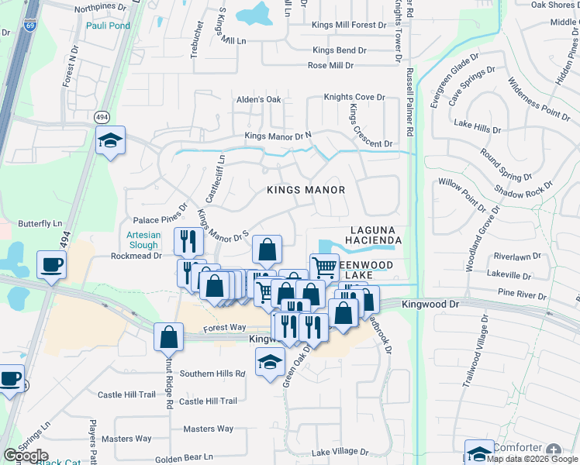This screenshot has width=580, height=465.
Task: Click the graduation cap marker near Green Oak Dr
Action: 269,362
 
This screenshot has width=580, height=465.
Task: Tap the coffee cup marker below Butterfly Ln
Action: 52,266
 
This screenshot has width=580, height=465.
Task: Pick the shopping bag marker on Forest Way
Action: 168,337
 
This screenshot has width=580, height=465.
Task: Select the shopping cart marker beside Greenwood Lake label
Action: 325,267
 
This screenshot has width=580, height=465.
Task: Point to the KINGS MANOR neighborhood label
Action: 306,190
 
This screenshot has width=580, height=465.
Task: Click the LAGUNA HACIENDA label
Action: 376,236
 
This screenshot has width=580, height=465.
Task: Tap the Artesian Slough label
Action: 143,239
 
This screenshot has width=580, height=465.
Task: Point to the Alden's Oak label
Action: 258,99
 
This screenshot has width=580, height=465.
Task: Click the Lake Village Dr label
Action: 340,452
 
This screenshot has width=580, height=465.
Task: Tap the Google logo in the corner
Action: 26,456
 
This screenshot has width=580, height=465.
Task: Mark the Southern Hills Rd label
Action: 212,374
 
